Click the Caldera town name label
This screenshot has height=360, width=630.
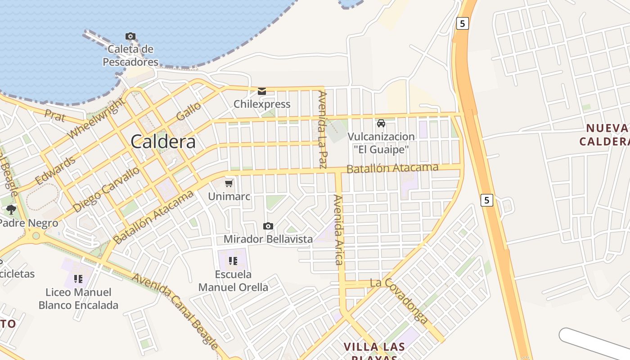click(163, 142)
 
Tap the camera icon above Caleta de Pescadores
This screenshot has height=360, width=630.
click(130, 36)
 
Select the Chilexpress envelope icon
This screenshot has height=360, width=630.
click(262, 91)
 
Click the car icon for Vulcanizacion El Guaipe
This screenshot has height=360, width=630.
click(381, 123)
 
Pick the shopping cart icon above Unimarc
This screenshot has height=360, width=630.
click(229, 183)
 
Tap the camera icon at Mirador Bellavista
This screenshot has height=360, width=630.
click(268, 226)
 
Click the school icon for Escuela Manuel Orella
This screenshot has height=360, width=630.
click(233, 261)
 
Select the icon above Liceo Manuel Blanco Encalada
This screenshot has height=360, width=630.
click(78, 279)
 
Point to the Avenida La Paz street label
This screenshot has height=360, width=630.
click(322, 130)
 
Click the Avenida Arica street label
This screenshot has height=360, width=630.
click(338, 229)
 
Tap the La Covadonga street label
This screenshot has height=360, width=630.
click(399, 301)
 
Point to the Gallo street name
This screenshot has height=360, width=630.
click(189, 112)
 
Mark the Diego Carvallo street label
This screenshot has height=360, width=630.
click(106, 189)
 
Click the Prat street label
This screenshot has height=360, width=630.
click(54, 115)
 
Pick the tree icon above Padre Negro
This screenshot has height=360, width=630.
click(11, 210)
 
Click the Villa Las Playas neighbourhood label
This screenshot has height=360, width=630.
click(374, 351)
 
